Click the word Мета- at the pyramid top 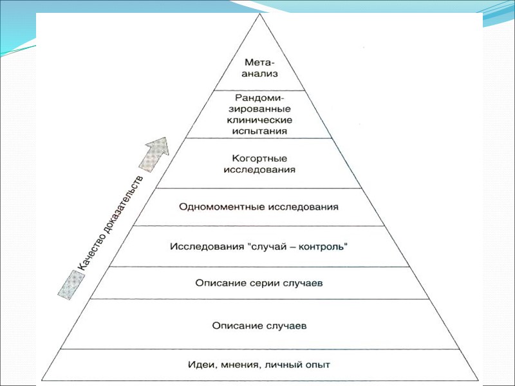pyautogui.click(x=259, y=63)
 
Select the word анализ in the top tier pyautogui.click(x=259, y=74)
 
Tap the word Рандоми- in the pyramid pyautogui.click(x=259, y=98)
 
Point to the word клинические pyautogui.click(x=259, y=120)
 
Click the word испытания pyautogui.click(x=259, y=131)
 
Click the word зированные pyautogui.click(x=259, y=109)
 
